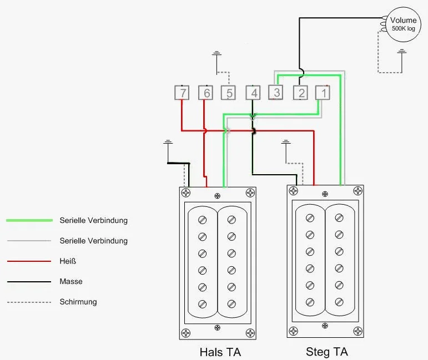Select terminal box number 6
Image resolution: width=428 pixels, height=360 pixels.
(206, 93)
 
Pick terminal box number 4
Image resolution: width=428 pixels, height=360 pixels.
(254, 93)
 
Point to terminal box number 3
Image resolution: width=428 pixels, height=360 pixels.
(276, 92)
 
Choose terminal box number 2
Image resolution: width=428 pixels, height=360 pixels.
(300, 93)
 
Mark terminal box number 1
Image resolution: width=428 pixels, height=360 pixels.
(323, 93)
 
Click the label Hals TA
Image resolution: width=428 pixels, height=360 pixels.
(220, 352)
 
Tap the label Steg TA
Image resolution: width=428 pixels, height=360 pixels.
(327, 352)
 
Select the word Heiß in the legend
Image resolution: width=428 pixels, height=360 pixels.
(69, 261)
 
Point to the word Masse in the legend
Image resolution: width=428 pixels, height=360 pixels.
(71, 282)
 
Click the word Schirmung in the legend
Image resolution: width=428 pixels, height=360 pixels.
(78, 302)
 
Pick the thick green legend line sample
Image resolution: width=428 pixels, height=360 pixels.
(28, 220)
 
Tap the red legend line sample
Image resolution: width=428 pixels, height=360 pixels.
(28, 261)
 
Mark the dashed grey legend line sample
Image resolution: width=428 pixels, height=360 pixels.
(28, 302)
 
